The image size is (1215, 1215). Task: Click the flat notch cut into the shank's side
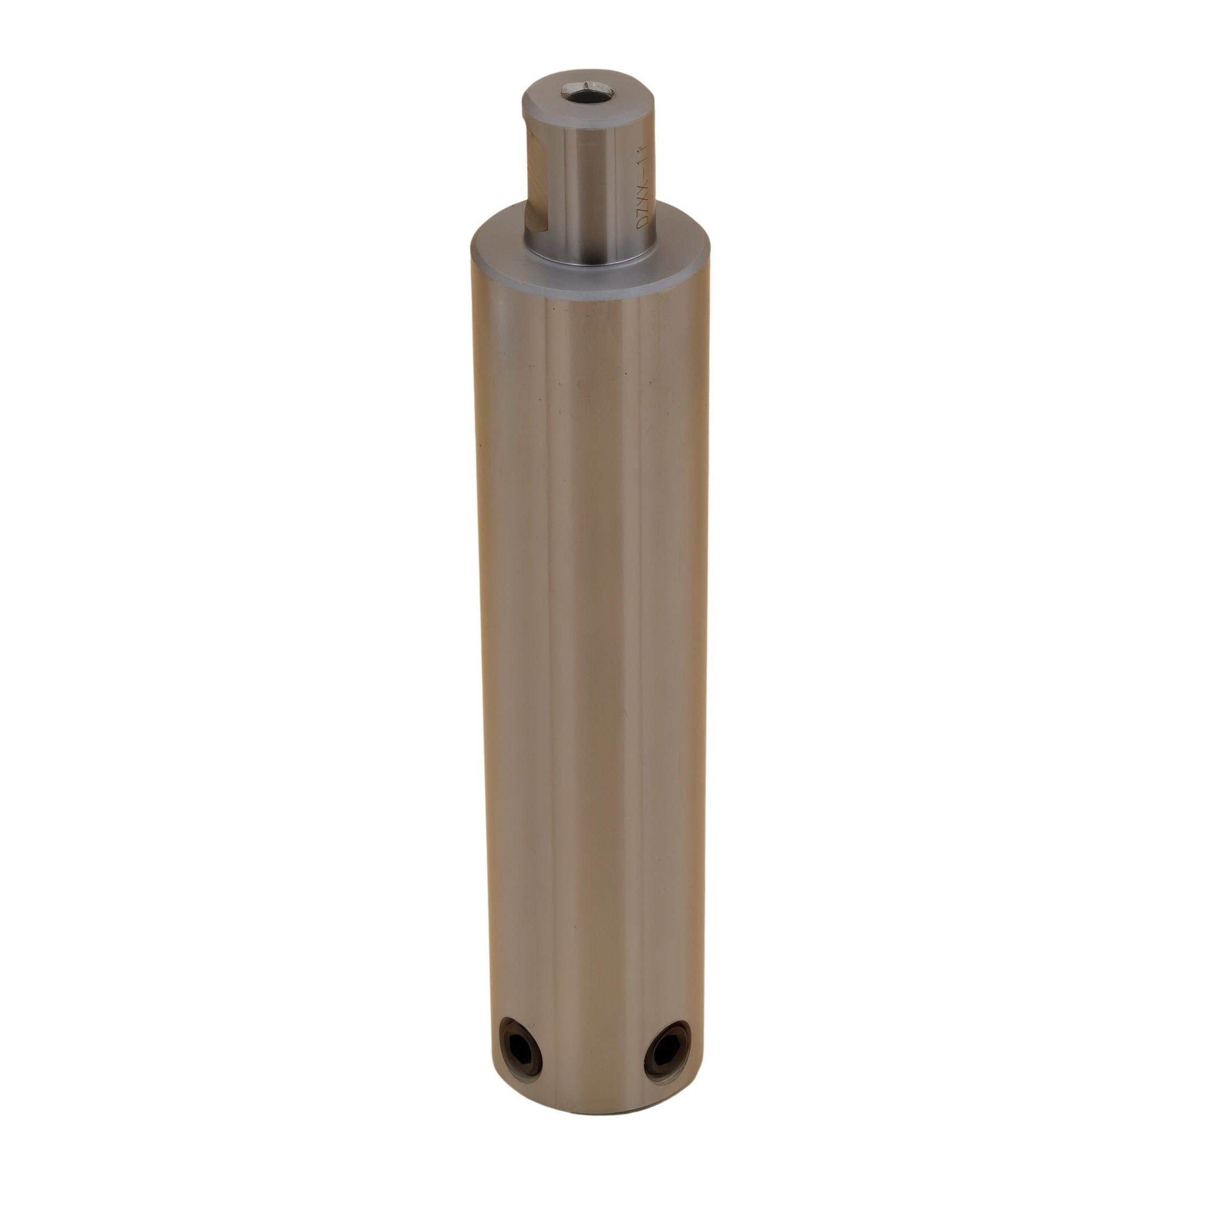[x=534, y=182]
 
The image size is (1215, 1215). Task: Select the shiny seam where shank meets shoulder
[x=591, y=258]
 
